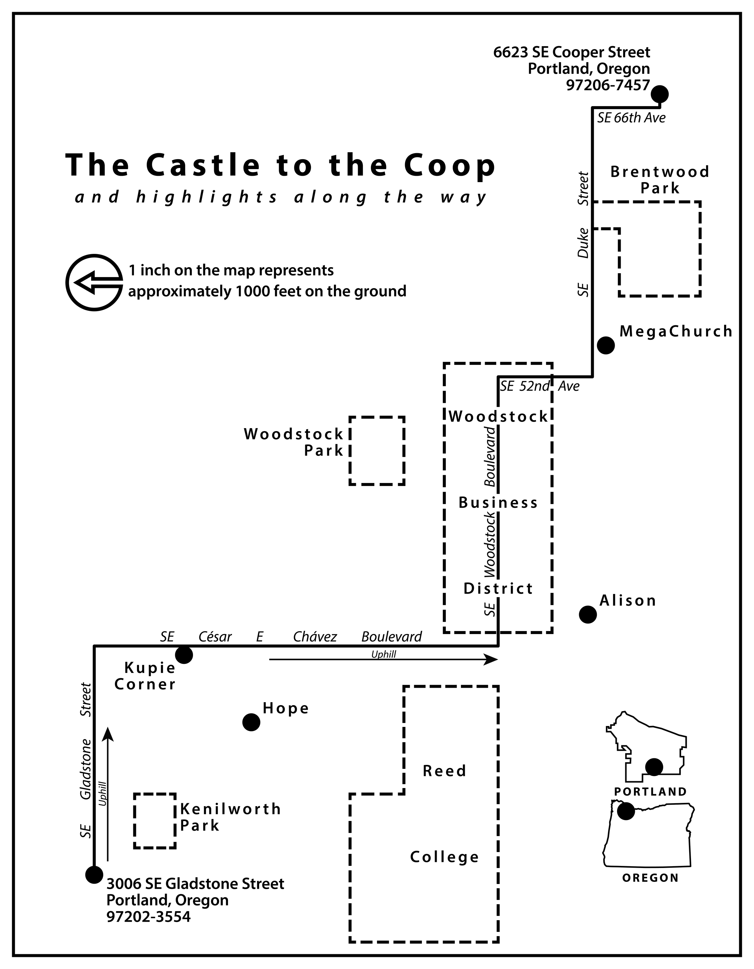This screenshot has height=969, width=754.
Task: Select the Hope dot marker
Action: [x=251, y=722]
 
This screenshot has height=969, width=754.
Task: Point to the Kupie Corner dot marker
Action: [x=184, y=655]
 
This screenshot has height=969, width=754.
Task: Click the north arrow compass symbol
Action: [x=94, y=282]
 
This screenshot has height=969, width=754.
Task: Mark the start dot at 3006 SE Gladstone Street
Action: [x=94, y=875]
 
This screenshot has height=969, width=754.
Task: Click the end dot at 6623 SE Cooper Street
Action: [x=660, y=94]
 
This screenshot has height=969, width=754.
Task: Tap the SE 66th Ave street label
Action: [x=631, y=118]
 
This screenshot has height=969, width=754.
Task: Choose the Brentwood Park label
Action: [x=660, y=180]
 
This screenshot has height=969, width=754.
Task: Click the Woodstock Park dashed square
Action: [x=377, y=451]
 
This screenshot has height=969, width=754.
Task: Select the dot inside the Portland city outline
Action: [x=654, y=767]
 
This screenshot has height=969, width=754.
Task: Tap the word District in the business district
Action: [x=498, y=589]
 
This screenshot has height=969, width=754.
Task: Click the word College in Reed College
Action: [x=445, y=857]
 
